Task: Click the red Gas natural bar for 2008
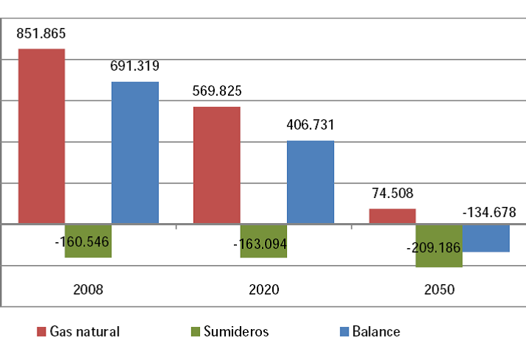(x=41, y=135)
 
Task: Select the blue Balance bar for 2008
(x=135, y=152)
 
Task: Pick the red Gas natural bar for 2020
(x=216, y=164)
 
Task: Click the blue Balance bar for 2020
(x=310, y=181)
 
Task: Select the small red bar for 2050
(x=392, y=216)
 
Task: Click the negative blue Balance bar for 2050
(x=486, y=238)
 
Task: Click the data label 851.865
(x=41, y=33)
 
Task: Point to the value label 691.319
(x=135, y=66)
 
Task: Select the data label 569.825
(x=216, y=91)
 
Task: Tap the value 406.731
(x=310, y=126)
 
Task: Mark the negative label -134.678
(x=489, y=213)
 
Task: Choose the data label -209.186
(x=433, y=247)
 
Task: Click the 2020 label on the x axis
(x=263, y=290)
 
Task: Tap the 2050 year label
(x=439, y=290)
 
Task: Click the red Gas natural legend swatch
(x=41, y=331)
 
